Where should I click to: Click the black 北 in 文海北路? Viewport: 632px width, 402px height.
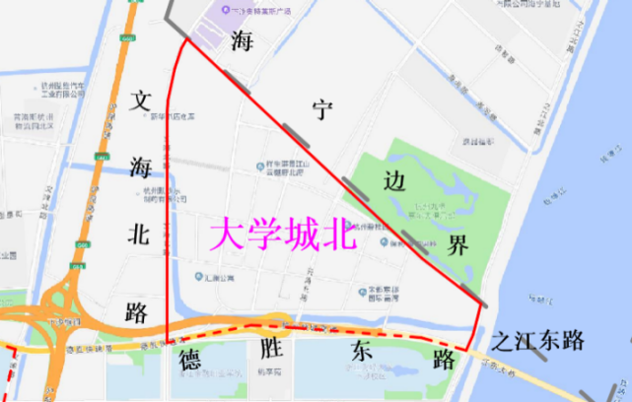pyautogui.click(x=137, y=233)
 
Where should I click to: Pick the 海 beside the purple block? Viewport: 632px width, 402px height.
pyautogui.click(x=242, y=41)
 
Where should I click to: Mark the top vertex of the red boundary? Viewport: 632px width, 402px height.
pyautogui.click(x=186, y=40)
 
